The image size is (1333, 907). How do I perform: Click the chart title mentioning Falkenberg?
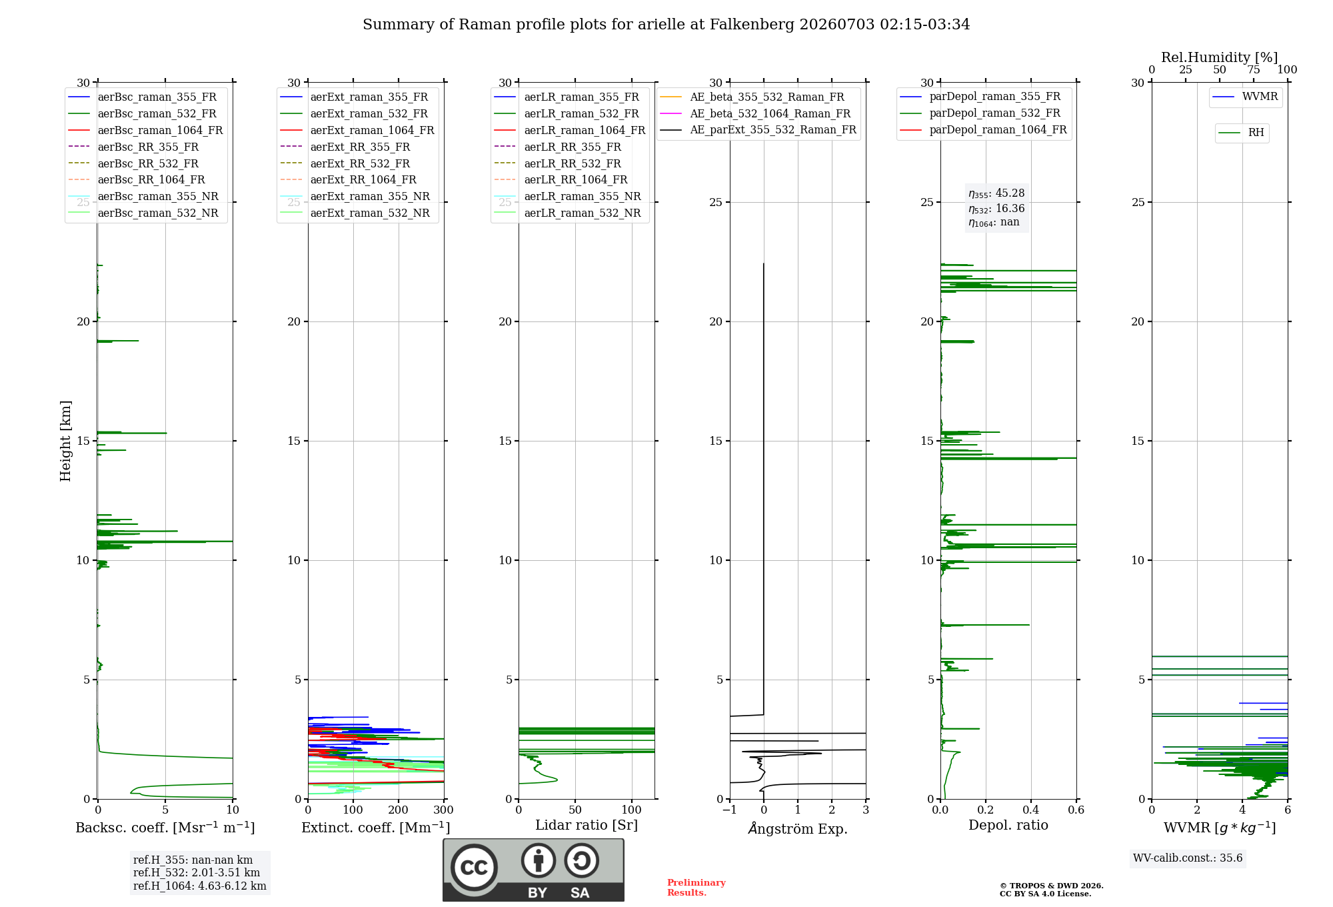pos(666,25)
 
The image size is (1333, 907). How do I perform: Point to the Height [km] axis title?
pos(65,441)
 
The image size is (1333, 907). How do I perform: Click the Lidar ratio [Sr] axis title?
pos(587,825)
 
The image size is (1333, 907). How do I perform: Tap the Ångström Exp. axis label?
pos(798,828)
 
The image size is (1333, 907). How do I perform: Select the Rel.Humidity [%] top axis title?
pos(1220,57)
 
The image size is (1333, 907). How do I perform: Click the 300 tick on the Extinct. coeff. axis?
pos(444,810)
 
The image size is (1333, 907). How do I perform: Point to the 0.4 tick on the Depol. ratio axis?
pos(1031,810)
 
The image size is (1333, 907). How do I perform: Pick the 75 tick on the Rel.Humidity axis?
pos(1254,69)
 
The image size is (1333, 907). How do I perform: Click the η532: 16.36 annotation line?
pos(996,208)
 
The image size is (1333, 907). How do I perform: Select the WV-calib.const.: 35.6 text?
pos(1188,858)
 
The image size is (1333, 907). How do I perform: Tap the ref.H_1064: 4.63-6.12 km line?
pos(200,886)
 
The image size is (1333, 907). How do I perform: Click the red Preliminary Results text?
pos(696,888)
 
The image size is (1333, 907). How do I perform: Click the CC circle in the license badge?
pos(474,867)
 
